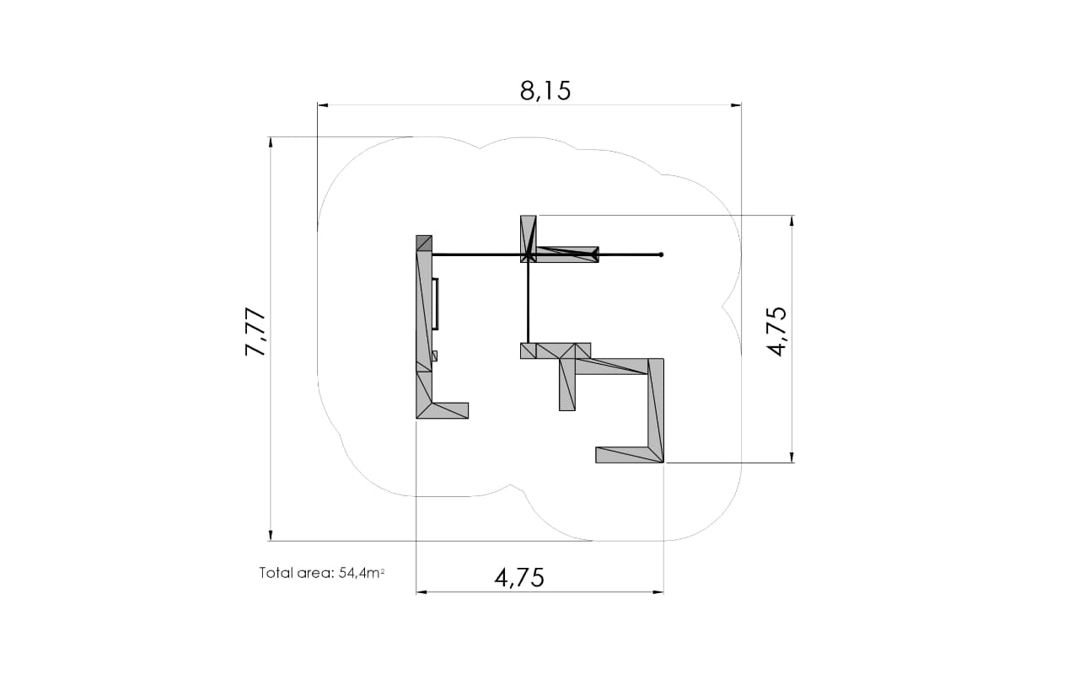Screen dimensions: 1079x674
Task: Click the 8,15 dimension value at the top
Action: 545,90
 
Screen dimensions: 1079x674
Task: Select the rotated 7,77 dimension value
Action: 255,332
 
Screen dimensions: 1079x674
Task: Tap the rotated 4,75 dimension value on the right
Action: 776,331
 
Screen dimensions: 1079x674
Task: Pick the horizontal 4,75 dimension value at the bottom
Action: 519,578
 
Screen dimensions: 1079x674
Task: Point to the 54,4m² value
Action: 362,572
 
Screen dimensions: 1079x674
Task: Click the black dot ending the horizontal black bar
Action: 661,254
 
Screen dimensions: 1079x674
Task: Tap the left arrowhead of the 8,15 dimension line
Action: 323,105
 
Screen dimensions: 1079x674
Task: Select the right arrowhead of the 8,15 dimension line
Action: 736,105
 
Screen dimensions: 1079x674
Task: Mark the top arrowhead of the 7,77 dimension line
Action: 271,142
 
